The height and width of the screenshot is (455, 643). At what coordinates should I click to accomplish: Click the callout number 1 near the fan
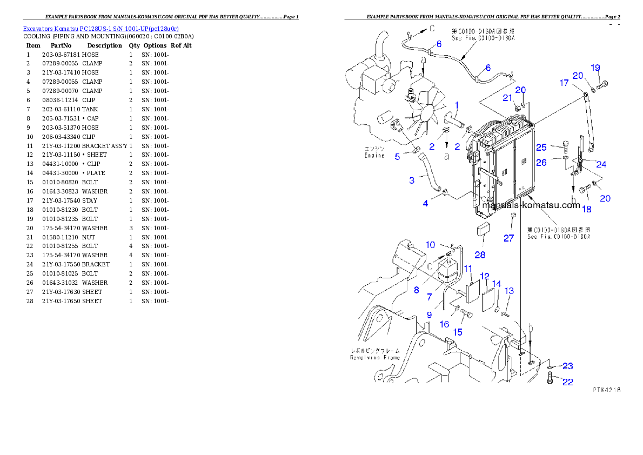[x=457, y=105]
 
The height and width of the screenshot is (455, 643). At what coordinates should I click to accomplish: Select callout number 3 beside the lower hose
[x=412, y=180]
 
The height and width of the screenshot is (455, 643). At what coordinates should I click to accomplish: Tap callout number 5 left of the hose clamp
[x=397, y=157]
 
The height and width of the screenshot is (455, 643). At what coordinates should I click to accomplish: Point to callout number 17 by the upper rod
[x=564, y=83]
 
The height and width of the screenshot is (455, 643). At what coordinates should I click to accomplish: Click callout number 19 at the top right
[x=595, y=68]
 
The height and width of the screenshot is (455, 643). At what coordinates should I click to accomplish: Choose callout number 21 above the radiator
[x=507, y=98]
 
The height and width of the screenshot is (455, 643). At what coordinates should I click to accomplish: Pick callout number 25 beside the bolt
[x=541, y=147]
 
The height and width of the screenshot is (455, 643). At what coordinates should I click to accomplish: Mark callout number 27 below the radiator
[x=508, y=238]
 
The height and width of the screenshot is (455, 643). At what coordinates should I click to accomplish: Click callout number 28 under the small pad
[x=480, y=255]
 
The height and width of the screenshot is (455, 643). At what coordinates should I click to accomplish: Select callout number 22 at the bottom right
[x=567, y=382]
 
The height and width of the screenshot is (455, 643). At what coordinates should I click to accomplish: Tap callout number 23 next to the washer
[x=567, y=366]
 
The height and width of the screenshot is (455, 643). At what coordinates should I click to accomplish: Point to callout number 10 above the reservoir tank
[x=430, y=245]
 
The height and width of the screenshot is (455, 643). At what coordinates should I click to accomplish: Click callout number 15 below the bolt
[x=457, y=332]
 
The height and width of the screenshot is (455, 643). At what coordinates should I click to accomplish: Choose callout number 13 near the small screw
[x=509, y=291]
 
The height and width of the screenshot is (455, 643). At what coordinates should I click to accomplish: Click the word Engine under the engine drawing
[x=374, y=156]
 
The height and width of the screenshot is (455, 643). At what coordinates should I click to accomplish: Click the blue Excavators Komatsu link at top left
[x=101, y=28]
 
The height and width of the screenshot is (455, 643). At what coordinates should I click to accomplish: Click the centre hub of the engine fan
[x=424, y=112]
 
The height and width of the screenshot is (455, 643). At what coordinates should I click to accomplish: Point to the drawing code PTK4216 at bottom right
[x=606, y=389]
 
